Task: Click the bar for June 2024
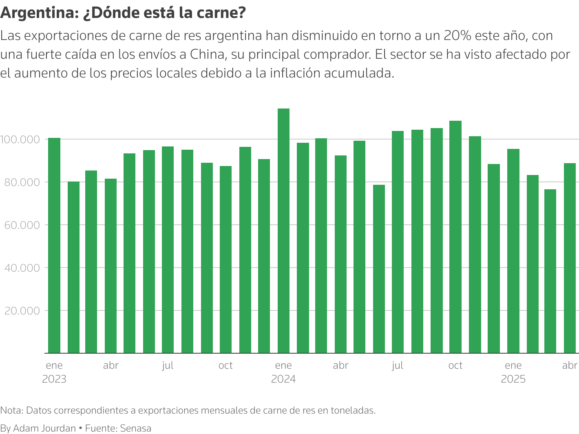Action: point(379,269)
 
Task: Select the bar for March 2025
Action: point(550,271)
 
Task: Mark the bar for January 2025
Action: point(513,251)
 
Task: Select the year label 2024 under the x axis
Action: point(283,379)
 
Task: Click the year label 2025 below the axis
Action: point(513,379)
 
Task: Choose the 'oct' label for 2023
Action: point(225,365)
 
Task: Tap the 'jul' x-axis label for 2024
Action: point(398,365)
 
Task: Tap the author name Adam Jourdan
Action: point(44,428)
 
